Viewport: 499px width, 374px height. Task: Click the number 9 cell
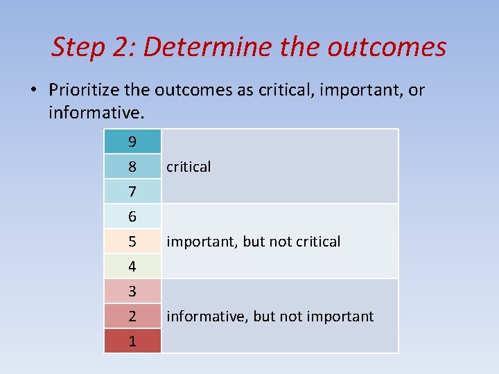coord(132,142)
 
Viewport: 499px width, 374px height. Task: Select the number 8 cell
coord(132,167)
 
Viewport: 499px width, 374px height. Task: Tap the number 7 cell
coord(132,191)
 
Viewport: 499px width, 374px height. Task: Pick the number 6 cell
coord(132,217)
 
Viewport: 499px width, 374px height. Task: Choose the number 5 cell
coord(132,242)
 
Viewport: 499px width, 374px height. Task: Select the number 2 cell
coord(132,317)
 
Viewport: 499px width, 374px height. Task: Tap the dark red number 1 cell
coord(132,341)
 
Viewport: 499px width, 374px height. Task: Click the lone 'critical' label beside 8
coord(189,167)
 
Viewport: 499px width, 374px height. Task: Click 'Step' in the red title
coord(77,47)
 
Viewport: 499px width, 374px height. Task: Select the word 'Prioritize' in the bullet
coord(81,90)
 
